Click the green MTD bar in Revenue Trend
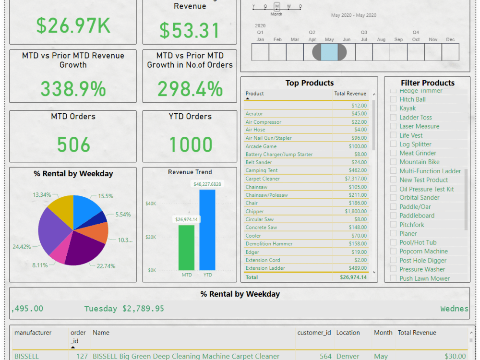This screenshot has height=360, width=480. coord(186,248)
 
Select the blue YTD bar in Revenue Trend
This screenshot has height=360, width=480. coord(207,230)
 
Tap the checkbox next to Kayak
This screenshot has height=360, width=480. coord(394,108)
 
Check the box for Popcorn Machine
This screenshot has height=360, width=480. coord(394,252)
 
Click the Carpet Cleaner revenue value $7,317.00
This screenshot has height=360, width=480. coord(356,179)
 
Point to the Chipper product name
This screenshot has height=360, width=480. coord(254,211)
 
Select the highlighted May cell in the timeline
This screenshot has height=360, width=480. coord(329,52)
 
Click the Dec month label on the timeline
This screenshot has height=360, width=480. coord(450,39)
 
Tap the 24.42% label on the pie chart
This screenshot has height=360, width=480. coord(22,247)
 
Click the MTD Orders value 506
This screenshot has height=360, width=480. coord(73,144)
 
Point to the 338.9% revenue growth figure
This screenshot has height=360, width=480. coord(73,89)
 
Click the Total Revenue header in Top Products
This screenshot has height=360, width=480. coord(350,94)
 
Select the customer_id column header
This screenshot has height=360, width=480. coord(314,333)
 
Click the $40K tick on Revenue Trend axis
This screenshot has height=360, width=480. coord(151,204)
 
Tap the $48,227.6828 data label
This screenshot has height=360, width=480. coord(207,184)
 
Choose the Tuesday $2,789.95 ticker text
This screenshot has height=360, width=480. coord(124,309)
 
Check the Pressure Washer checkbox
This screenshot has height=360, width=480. coord(394,269)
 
